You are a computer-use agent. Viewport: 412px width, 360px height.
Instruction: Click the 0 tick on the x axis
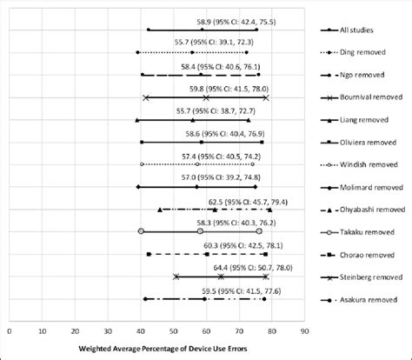click(10, 330)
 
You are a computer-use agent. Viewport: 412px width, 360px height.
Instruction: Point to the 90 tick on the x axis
click(304, 330)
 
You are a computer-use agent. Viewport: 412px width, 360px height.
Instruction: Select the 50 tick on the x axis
click(173, 330)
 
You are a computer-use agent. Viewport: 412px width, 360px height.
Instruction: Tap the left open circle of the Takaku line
click(141, 231)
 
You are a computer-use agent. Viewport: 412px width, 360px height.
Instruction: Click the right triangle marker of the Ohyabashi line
click(269, 210)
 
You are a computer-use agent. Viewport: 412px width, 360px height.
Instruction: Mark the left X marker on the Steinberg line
click(176, 277)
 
